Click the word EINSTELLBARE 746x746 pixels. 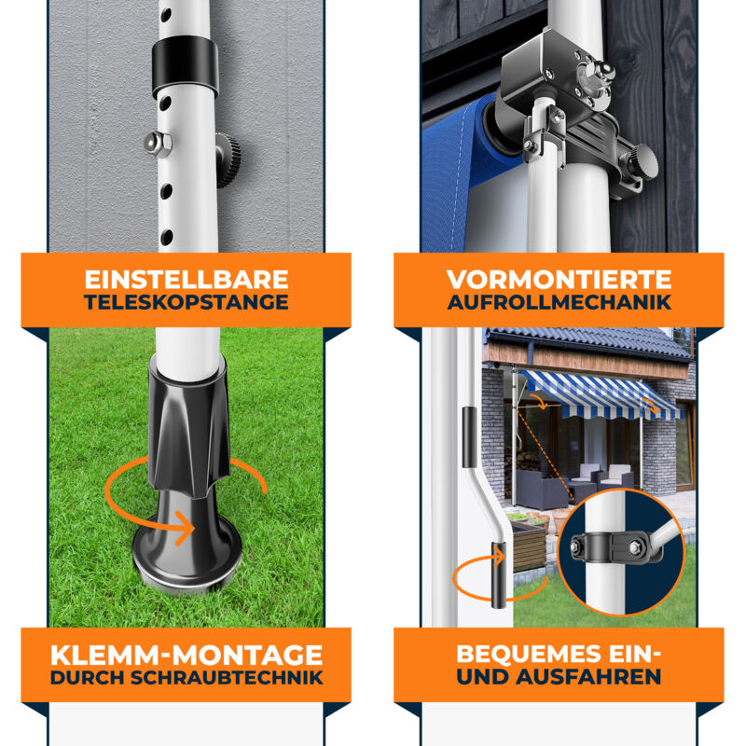coord(186,280)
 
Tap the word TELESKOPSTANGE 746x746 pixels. coord(186,302)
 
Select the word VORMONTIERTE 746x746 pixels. coord(559,280)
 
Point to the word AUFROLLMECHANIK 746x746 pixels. coord(559,302)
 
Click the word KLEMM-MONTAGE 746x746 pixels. coord(186,655)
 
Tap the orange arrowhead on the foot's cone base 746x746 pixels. coord(187,527)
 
